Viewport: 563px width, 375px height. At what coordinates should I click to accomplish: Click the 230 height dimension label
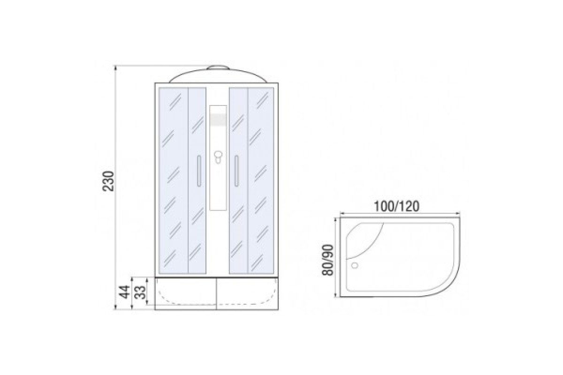coord(108,181)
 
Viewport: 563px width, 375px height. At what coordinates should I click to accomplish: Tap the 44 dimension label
coord(125,292)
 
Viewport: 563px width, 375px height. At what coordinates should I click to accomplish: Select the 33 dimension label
coord(140,292)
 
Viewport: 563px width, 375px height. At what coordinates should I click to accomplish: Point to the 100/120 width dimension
coord(396,207)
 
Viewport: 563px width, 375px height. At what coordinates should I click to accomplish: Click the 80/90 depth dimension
coord(328,260)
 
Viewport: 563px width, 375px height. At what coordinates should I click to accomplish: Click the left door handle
coord(199,171)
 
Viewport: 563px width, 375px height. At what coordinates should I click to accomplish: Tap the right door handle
coord(236,171)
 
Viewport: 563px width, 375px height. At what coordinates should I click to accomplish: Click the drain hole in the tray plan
coord(355,265)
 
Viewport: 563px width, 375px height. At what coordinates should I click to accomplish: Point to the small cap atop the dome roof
coord(218,67)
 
